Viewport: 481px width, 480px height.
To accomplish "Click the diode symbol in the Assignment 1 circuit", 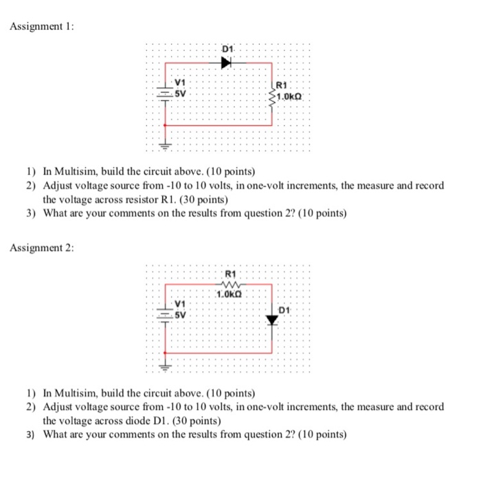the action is [226, 62].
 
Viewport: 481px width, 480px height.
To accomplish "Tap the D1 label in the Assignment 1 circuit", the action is [228, 50].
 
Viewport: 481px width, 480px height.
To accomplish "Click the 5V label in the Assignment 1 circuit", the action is [179, 93].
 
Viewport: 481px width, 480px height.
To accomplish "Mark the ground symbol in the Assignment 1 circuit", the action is [166, 146].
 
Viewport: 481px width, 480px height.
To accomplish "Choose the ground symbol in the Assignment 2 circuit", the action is [166, 367].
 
